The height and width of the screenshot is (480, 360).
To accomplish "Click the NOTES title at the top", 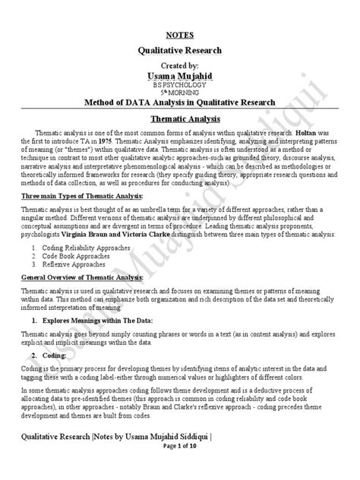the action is click(179, 35).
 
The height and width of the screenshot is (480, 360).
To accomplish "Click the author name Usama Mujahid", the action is click(179, 77).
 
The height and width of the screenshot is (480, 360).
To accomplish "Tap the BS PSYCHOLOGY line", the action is click(179, 87).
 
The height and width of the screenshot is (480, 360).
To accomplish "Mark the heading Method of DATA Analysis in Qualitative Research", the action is click(179, 103).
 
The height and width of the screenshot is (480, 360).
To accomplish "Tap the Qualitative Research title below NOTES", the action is click(179, 50).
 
